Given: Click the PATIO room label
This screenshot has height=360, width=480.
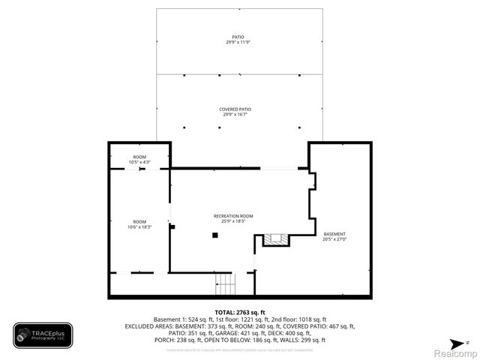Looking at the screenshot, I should pyautogui.click(x=239, y=37).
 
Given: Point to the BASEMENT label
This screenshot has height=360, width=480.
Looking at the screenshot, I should pyautogui.click(x=334, y=234).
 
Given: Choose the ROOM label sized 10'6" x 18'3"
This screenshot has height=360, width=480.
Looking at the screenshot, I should pyautogui.click(x=139, y=222).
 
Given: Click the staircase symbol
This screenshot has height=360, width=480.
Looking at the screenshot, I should pyautogui.click(x=226, y=284).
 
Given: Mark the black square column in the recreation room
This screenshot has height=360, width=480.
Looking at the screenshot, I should pyautogui.click(x=215, y=235).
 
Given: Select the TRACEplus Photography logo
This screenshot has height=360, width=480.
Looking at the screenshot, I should pyautogui.click(x=43, y=335).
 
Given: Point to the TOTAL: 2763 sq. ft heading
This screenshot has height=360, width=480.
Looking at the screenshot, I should pyautogui.click(x=240, y=312).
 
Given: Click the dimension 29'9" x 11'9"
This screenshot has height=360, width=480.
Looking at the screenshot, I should pyautogui.click(x=239, y=42).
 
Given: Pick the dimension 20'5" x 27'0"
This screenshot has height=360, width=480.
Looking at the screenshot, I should pyautogui.click(x=334, y=239).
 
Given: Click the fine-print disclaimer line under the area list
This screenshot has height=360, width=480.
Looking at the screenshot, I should pyautogui.click(x=240, y=349).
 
